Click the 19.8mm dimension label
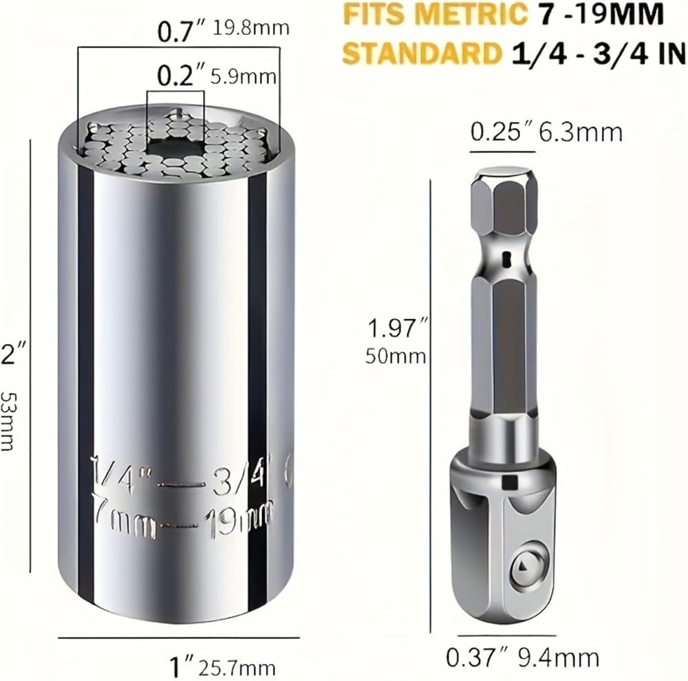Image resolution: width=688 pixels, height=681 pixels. (251, 28)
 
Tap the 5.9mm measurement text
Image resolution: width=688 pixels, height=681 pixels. (244, 77)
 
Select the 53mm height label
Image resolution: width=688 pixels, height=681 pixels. (7, 421)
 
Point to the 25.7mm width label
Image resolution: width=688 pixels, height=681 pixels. (237, 669)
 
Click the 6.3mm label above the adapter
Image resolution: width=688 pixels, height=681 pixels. (581, 133)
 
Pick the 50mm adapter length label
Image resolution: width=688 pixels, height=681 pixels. (396, 356)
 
